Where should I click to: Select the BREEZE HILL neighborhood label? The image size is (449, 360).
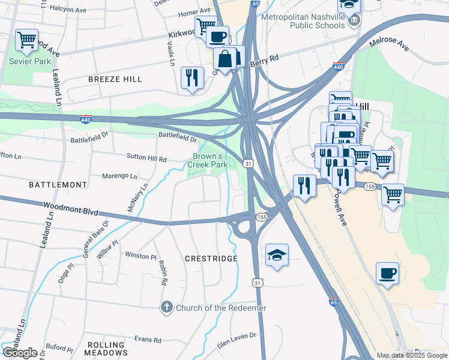coord(115,79)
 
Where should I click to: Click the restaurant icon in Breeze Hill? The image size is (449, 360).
coord(192,78)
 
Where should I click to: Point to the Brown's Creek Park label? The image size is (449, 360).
coord(209,160)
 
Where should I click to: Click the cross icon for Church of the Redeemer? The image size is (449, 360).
coord(167,308)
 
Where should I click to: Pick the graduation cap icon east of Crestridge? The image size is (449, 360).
coord(277,255)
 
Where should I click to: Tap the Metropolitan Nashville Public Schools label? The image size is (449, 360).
coord(304,21)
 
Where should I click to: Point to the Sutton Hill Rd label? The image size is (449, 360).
coord(146,158)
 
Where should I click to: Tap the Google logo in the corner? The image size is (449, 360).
coord(20,353)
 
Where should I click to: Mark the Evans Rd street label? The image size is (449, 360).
coord(148,340)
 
